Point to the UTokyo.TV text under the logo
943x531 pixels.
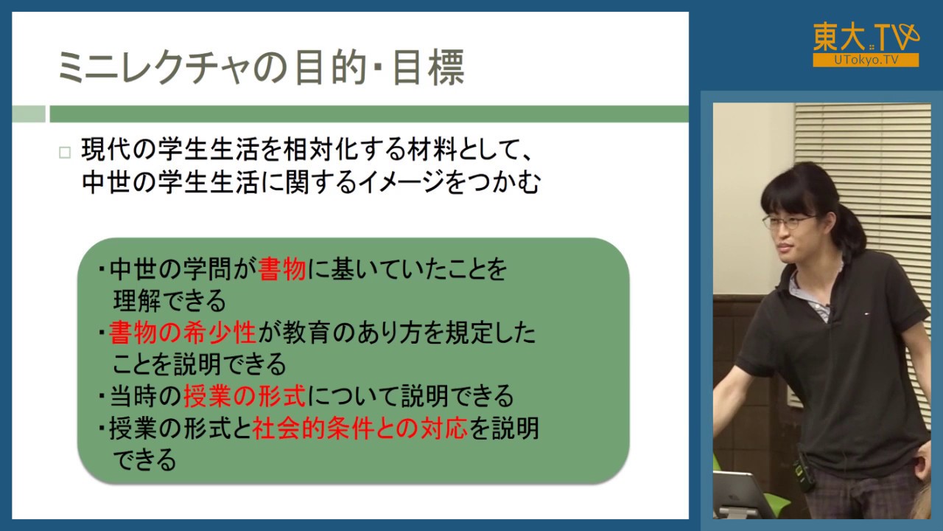coord(866,60)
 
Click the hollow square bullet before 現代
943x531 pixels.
coord(65,153)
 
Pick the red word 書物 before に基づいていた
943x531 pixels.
coord(282,271)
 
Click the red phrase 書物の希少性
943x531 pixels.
coord(182,333)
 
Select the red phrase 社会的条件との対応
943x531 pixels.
coord(360,428)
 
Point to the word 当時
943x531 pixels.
coord(133,397)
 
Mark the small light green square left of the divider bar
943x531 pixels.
coord(29,114)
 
